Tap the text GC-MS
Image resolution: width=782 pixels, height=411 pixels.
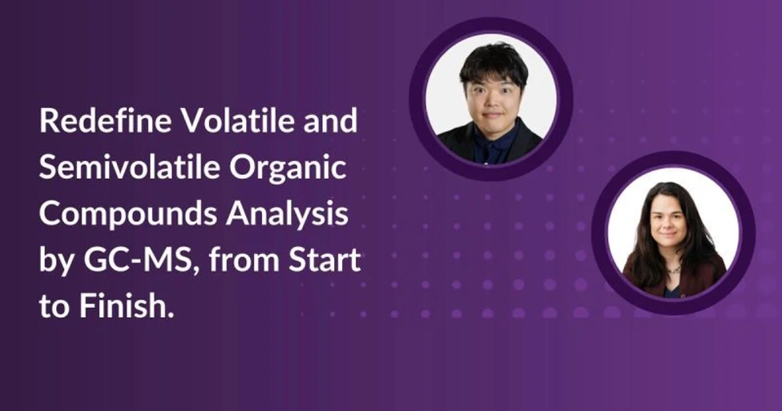pyautogui.click(x=125, y=260)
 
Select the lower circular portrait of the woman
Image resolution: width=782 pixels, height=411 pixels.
pyautogui.click(x=672, y=232)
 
